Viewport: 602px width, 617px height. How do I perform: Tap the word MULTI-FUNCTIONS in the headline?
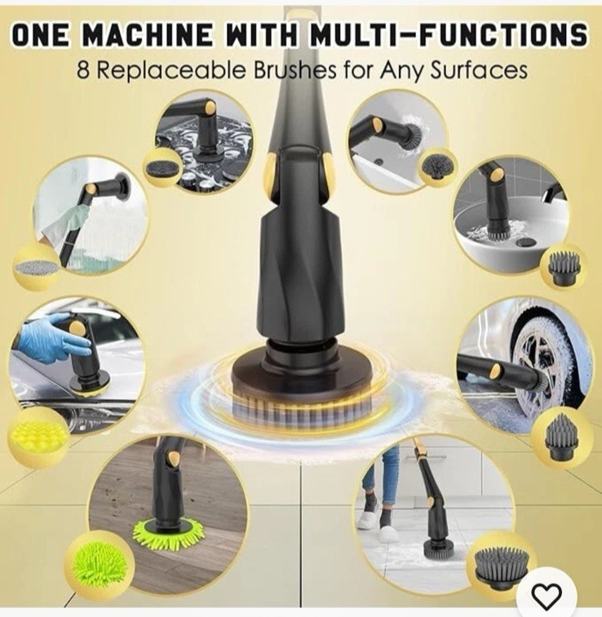click(447, 35)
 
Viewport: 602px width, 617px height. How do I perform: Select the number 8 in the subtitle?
click(83, 70)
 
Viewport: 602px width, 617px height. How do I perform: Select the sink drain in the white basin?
click(525, 242)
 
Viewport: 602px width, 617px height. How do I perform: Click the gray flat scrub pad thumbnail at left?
click(37, 267)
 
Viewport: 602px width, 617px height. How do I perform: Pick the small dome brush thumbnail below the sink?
click(564, 267)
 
